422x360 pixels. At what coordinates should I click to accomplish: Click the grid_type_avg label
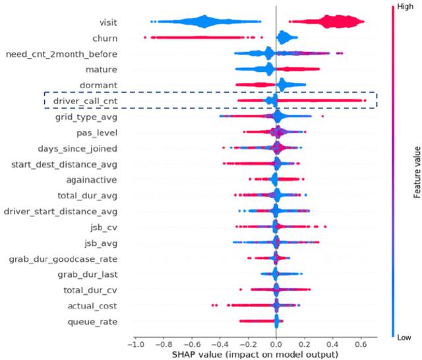click(x=86, y=117)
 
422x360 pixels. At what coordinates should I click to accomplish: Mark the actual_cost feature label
click(x=92, y=307)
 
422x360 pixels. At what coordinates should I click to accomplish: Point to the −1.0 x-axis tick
click(x=135, y=344)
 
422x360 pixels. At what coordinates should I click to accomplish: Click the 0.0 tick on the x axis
click(x=276, y=344)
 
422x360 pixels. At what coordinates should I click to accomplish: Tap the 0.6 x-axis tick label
click(x=361, y=344)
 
